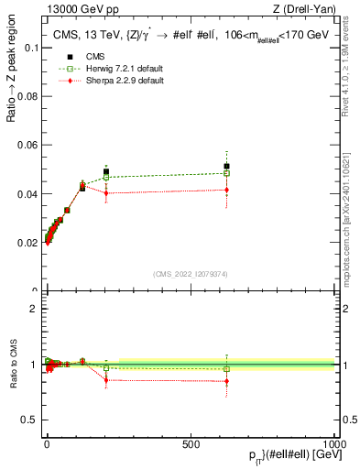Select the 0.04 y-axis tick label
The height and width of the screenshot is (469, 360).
tap(27, 194)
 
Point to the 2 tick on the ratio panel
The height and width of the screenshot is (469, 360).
tap(34, 309)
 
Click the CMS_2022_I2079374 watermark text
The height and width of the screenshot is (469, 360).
tap(190, 273)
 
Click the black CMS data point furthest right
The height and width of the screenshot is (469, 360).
tap(226, 166)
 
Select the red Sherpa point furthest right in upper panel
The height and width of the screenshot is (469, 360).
tap(226, 190)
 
